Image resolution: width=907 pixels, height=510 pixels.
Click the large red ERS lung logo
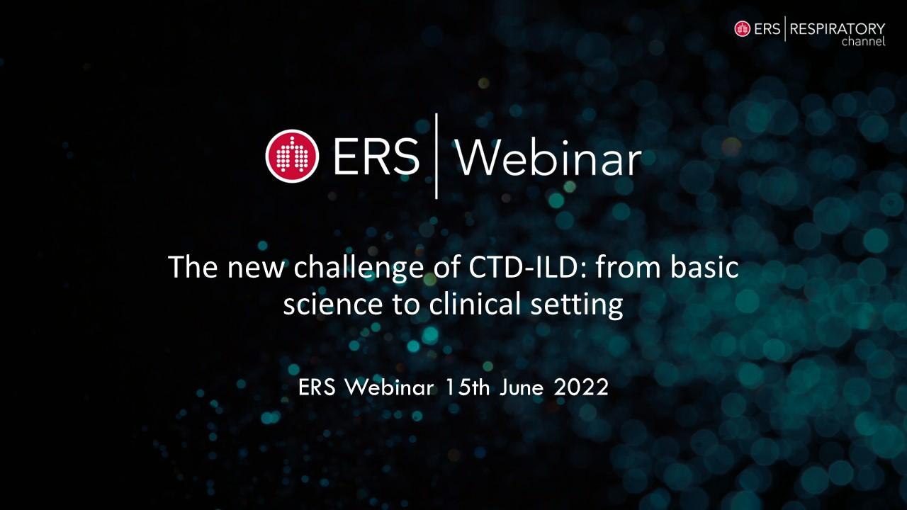[292, 157]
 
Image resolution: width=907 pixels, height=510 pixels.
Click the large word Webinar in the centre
[548, 157]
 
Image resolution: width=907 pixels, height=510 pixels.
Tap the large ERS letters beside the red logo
[376, 157]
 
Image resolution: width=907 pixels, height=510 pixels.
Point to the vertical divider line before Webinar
[436, 157]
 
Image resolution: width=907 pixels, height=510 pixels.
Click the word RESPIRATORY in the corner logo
[838, 29]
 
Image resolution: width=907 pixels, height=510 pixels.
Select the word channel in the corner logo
[863, 41]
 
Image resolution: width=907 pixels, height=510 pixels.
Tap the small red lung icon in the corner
[743, 29]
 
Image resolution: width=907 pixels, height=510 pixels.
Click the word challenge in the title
[359, 268]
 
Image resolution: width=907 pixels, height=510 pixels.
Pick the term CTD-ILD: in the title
[528, 268]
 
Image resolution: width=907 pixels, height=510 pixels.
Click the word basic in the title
[704, 267]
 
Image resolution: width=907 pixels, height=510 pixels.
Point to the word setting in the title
[577, 305]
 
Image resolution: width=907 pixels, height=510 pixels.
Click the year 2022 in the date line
[581, 387]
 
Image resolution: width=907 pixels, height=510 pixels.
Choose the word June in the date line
[521, 387]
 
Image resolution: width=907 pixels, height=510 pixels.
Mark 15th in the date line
[467, 387]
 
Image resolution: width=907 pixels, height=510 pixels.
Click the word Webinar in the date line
[389, 387]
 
